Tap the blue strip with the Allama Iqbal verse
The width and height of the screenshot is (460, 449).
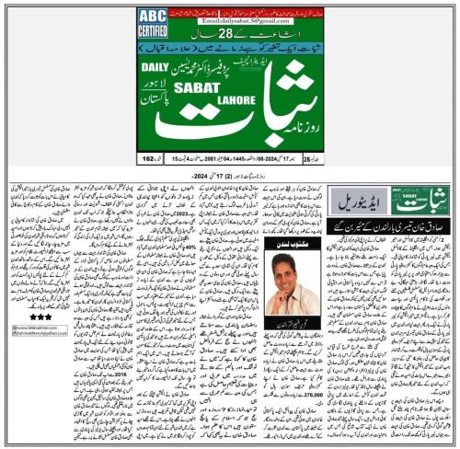(229, 46)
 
